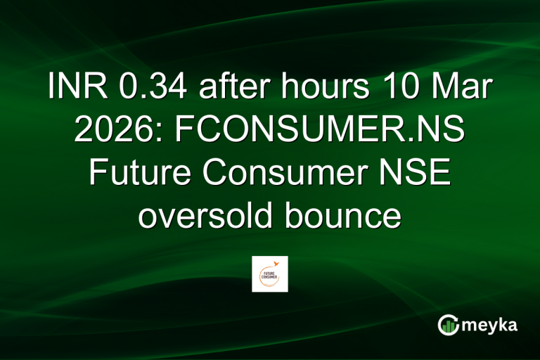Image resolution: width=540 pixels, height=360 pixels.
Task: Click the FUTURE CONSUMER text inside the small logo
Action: (x=269, y=275)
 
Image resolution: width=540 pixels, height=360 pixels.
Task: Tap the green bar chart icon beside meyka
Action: (x=448, y=325)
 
